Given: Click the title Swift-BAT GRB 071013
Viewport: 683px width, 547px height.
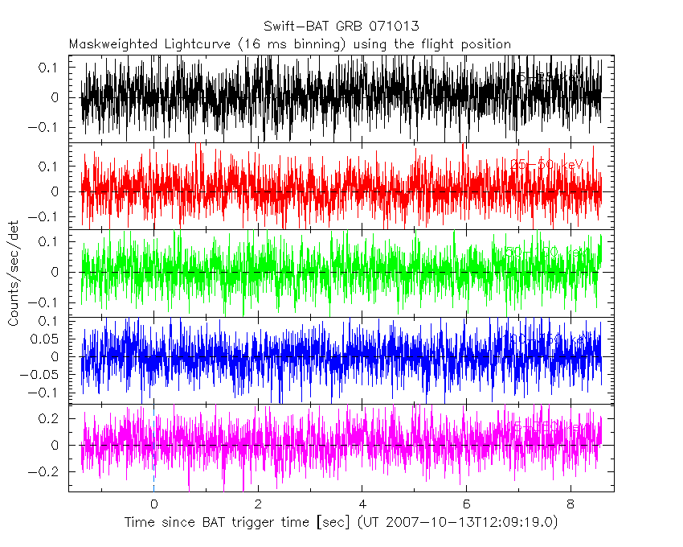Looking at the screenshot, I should [341, 27].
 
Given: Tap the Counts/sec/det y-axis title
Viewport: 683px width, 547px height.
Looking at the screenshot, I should [13, 273].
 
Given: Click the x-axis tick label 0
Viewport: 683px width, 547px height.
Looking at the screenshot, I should [153, 506].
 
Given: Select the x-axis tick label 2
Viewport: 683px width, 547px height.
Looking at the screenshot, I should [258, 506].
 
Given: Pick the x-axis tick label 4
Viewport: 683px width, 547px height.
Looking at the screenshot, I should [362, 506].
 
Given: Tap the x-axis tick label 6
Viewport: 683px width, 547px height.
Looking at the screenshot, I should [466, 506].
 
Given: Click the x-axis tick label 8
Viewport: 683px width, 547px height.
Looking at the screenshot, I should [571, 506].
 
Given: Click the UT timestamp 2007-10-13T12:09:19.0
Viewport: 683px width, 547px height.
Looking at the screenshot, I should [477, 523].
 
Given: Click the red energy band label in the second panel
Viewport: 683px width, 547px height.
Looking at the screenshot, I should [546, 164].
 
